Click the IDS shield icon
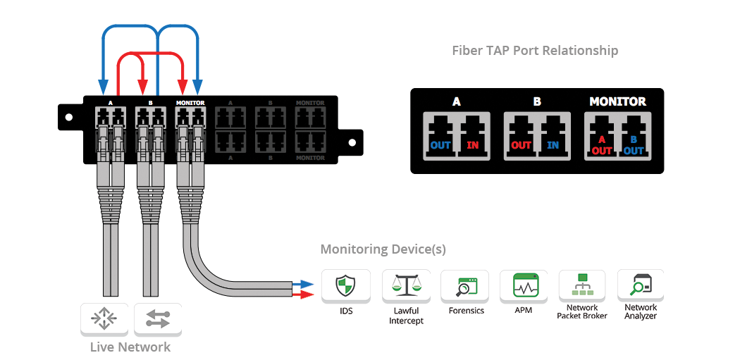[x=346, y=287]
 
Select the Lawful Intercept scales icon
[x=406, y=287]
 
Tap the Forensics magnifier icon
[x=465, y=287]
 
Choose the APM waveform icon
[x=524, y=287]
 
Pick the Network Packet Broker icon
[x=582, y=286]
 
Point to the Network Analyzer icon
[x=641, y=286]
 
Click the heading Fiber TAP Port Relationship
[x=535, y=51]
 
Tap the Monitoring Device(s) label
[x=383, y=249]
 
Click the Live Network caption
[x=130, y=347]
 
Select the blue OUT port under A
[x=440, y=133]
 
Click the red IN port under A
[x=473, y=133]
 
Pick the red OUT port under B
[x=521, y=133]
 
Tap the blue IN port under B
[x=554, y=133]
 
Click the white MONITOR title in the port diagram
[x=617, y=101]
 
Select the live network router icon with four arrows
[x=104, y=320]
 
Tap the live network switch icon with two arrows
[x=157, y=320]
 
